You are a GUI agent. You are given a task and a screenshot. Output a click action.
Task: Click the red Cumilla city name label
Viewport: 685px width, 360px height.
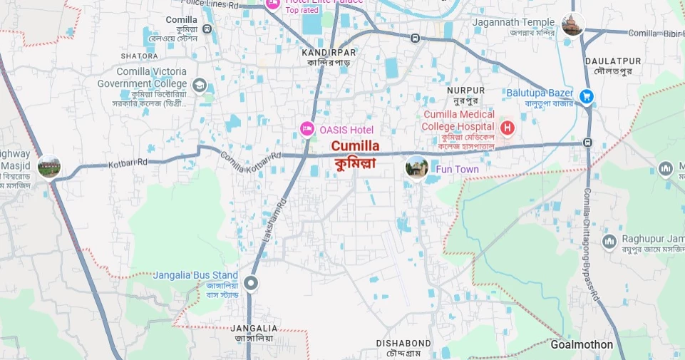click(355, 146)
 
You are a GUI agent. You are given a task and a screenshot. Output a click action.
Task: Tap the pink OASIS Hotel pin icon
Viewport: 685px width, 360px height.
click(307, 129)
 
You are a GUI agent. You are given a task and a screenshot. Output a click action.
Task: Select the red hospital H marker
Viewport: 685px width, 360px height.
click(507, 128)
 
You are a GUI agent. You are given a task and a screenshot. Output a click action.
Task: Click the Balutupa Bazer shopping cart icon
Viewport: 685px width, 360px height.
click(586, 96)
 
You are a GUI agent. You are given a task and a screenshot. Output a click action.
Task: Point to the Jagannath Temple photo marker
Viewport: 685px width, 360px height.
click(572, 24)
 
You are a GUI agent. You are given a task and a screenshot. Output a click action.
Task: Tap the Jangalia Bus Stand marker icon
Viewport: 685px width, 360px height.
click(251, 284)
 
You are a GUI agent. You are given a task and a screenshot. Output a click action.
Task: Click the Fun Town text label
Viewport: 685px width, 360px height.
click(457, 170)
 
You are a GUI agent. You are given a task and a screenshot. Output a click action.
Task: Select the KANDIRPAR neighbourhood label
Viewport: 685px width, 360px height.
click(328, 53)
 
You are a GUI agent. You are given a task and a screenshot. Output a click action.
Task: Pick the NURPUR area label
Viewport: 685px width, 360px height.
click(465, 91)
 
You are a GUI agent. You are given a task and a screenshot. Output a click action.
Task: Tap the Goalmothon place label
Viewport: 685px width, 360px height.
click(582, 345)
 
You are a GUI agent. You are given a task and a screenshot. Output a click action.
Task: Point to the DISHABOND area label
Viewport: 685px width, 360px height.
click(403, 344)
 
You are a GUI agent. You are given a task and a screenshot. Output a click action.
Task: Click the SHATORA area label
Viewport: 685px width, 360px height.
click(140, 56)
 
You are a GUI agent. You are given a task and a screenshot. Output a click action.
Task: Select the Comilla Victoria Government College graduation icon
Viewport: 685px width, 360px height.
click(200, 86)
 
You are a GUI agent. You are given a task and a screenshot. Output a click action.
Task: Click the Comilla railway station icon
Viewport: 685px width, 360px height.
click(207, 29)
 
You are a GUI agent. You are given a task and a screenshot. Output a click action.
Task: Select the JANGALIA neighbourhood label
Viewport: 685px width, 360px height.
click(254, 328)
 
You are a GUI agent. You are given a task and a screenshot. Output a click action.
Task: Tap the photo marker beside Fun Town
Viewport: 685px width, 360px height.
click(416, 168)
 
